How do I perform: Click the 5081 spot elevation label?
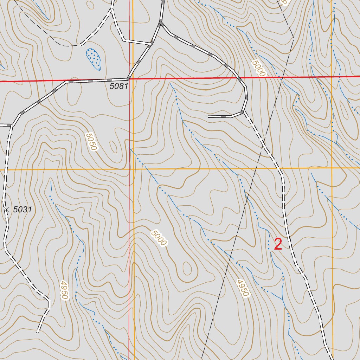[x=118, y=86]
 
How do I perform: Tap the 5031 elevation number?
[x=22, y=210]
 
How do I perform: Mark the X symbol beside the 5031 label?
[x=6, y=210]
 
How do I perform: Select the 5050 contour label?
[x=91, y=141]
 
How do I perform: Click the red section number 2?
[x=278, y=244]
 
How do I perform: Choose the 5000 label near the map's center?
[x=158, y=238]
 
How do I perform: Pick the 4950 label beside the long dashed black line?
[x=243, y=288]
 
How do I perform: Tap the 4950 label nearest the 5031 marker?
[x=64, y=290]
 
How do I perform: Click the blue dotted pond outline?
[x=94, y=58]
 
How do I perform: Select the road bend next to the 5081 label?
[x=128, y=79]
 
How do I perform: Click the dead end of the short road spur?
[x=208, y=116]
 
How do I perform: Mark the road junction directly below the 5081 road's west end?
[x=12, y=125]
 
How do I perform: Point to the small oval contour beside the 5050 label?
[x=113, y=147]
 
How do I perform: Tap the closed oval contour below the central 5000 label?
[x=187, y=269]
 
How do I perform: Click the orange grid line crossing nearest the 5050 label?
[x=134, y=169]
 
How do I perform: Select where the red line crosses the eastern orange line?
[x=332, y=76]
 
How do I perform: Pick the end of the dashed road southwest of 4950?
[x=38, y=331]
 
